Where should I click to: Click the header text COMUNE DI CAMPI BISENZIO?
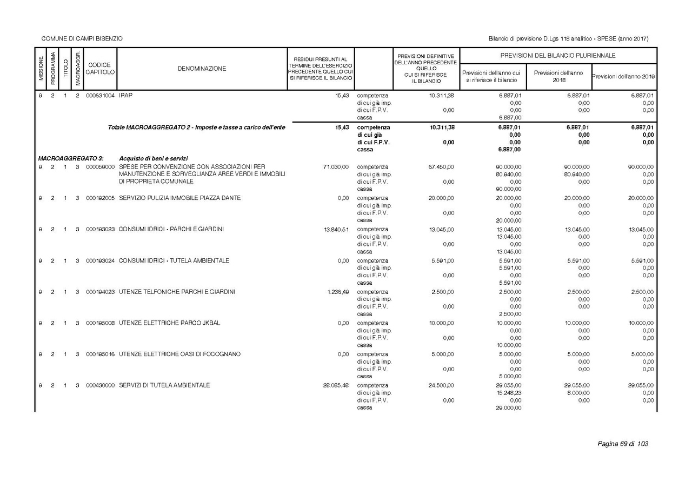point(82,39)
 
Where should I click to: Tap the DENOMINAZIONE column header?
point(202,69)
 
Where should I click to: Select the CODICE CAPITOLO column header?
point(99,69)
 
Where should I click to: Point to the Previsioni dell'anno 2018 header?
point(558,76)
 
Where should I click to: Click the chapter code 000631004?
point(100,95)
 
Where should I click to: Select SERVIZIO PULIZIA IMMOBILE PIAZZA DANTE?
point(180,198)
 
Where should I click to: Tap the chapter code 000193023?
point(100,229)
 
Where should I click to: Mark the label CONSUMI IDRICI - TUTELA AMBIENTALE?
point(174,260)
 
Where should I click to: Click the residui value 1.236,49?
point(338,292)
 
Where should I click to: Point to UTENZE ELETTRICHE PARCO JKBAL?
point(170,323)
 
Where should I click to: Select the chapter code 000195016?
point(100,354)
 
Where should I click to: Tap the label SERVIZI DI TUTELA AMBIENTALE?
point(164,385)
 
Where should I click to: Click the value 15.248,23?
point(509,393)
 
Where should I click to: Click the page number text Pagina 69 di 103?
point(622,444)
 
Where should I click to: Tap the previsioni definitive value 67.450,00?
point(441,167)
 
